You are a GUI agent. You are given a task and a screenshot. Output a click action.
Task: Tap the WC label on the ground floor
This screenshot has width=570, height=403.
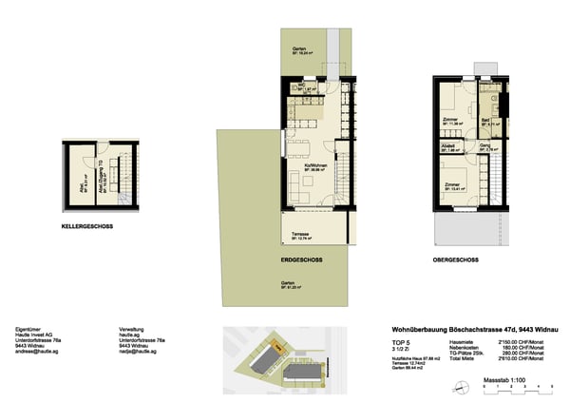(298, 86)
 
